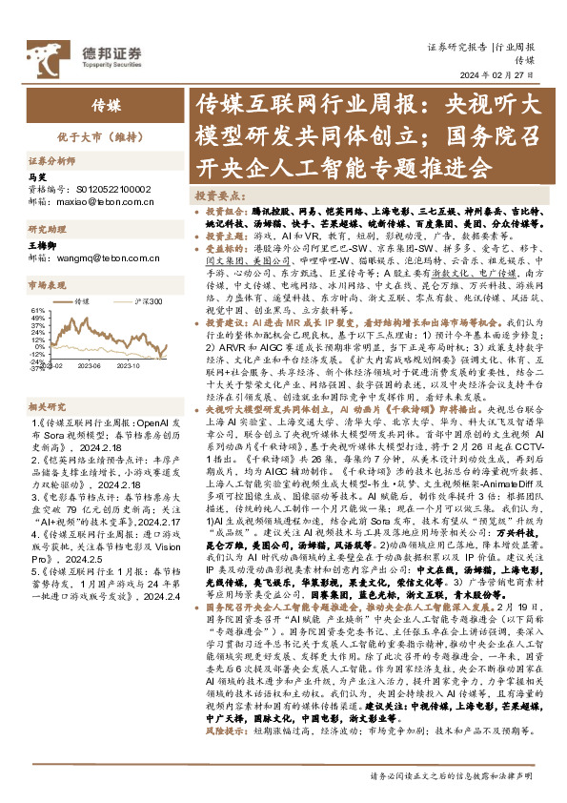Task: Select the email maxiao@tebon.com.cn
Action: [105, 201]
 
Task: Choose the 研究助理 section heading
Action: [43, 231]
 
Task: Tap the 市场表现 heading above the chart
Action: [43, 284]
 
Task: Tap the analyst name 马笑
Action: [37, 177]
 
